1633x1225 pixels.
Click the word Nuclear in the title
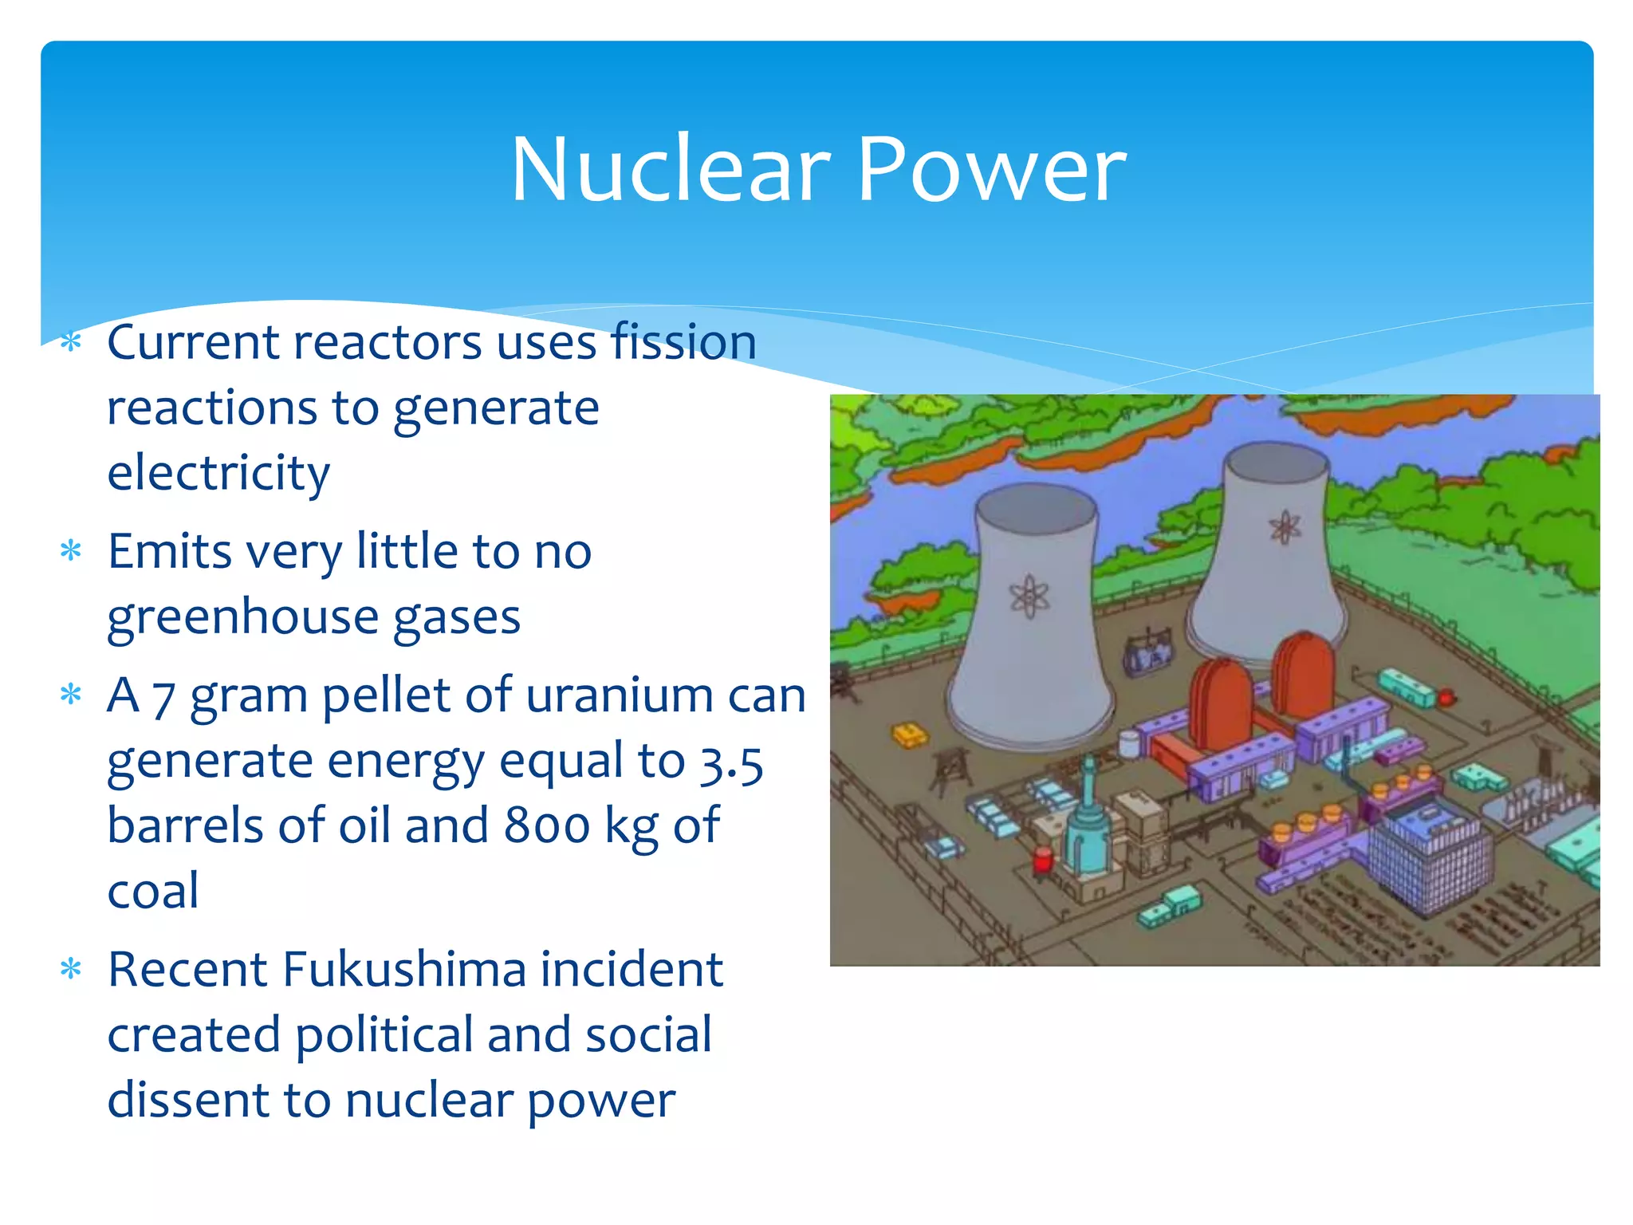671,169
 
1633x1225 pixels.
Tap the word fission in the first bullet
683,342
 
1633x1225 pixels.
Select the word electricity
218,473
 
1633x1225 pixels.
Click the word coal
153,892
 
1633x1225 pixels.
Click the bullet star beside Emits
72,552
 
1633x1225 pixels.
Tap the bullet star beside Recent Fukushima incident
72,970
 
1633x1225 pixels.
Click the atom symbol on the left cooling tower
1029,596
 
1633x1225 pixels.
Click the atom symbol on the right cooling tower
1285,527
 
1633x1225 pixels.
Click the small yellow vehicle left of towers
909,735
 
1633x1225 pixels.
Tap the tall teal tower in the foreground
1088,821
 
